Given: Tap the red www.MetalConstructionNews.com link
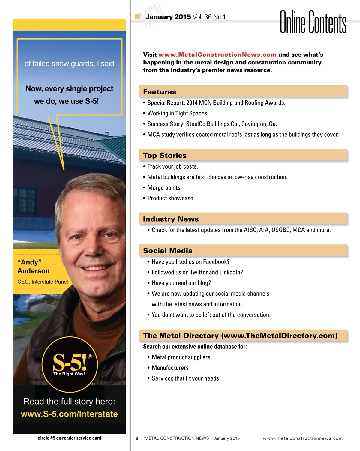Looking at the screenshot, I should click(217, 55).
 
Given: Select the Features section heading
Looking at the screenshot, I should click(160, 92).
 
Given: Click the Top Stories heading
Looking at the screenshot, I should click(165, 155).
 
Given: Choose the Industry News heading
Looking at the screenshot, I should click(171, 219).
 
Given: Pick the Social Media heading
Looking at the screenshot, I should click(168, 251).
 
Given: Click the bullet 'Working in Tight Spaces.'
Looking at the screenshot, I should click(178, 113).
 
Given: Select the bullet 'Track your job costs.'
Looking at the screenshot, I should click(172, 166).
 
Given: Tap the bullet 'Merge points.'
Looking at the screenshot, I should click(164, 188).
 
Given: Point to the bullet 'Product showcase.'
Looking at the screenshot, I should click(171, 198).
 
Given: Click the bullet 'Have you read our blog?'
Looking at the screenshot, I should click(181, 283).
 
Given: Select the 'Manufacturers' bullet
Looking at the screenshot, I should click(170, 368).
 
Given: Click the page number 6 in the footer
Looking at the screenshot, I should click(137, 438).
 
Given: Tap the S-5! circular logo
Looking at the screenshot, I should click(70, 364).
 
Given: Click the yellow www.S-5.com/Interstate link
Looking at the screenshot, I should click(69, 414).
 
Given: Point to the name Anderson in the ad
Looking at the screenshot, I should click(33, 271).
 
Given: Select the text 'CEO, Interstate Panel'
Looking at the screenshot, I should click(43, 282).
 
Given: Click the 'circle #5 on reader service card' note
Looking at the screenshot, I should click(69, 438).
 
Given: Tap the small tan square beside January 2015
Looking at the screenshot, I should click(138, 16).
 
